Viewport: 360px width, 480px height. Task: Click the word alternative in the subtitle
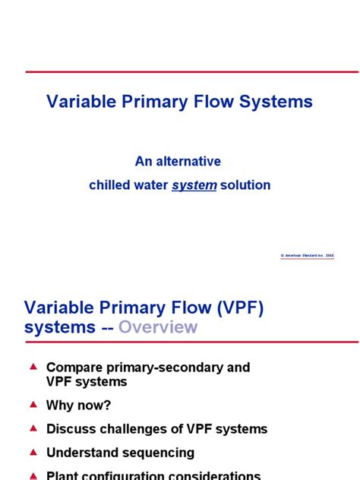[x=191, y=161]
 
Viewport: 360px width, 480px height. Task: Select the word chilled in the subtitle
[x=109, y=185]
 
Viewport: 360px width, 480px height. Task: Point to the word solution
[x=245, y=185]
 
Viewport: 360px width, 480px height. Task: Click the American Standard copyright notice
[x=307, y=256]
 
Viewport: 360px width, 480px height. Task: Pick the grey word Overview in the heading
[x=157, y=327]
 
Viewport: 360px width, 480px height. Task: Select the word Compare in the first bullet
[x=74, y=368]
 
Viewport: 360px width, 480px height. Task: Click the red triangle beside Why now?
[x=33, y=404]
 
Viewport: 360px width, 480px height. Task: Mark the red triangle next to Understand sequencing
[x=33, y=451]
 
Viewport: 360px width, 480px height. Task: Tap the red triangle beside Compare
[x=33, y=366]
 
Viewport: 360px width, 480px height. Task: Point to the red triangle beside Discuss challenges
[x=33, y=428]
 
